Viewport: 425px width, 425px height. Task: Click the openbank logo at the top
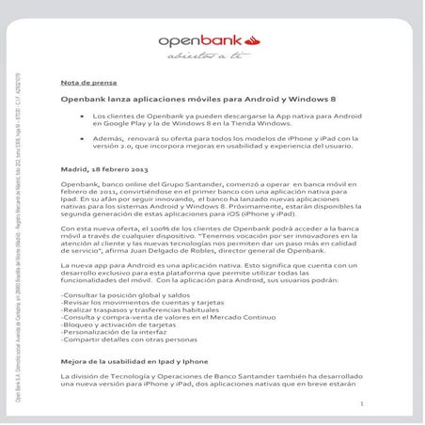pyautogui.click(x=208, y=40)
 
